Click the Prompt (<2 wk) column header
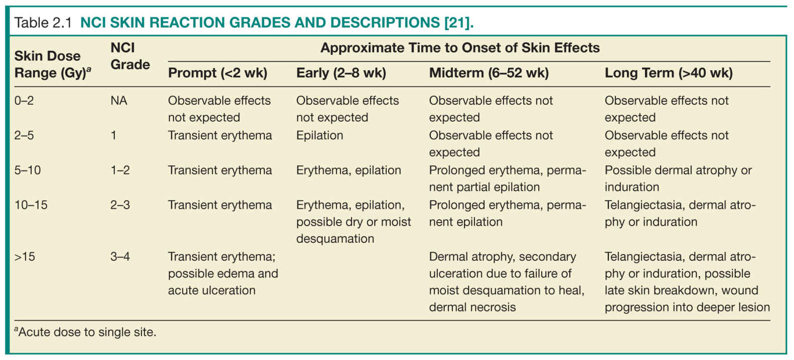pos(218,73)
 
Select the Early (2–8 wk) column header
pos(341,73)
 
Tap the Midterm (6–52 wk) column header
pos(489,73)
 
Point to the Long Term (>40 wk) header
pos(669,73)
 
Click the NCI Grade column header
pos(130,56)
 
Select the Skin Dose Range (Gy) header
pos(53,65)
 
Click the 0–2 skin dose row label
pos(24,101)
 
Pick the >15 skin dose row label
pos(25,257)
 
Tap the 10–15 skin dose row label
pos(31,205)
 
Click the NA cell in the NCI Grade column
pos(119,101)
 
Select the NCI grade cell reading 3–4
pos(120,257)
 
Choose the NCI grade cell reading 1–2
pos(120,170)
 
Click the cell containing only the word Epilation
pos(320,135)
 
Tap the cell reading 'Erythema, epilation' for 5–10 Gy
pos(349,170)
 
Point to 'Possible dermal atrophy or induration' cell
pos(678,178)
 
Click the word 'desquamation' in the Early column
pos(335,239)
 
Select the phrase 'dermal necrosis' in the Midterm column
pos(472,307)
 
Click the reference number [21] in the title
pos(459,23)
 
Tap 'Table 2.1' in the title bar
pos(43,23)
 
